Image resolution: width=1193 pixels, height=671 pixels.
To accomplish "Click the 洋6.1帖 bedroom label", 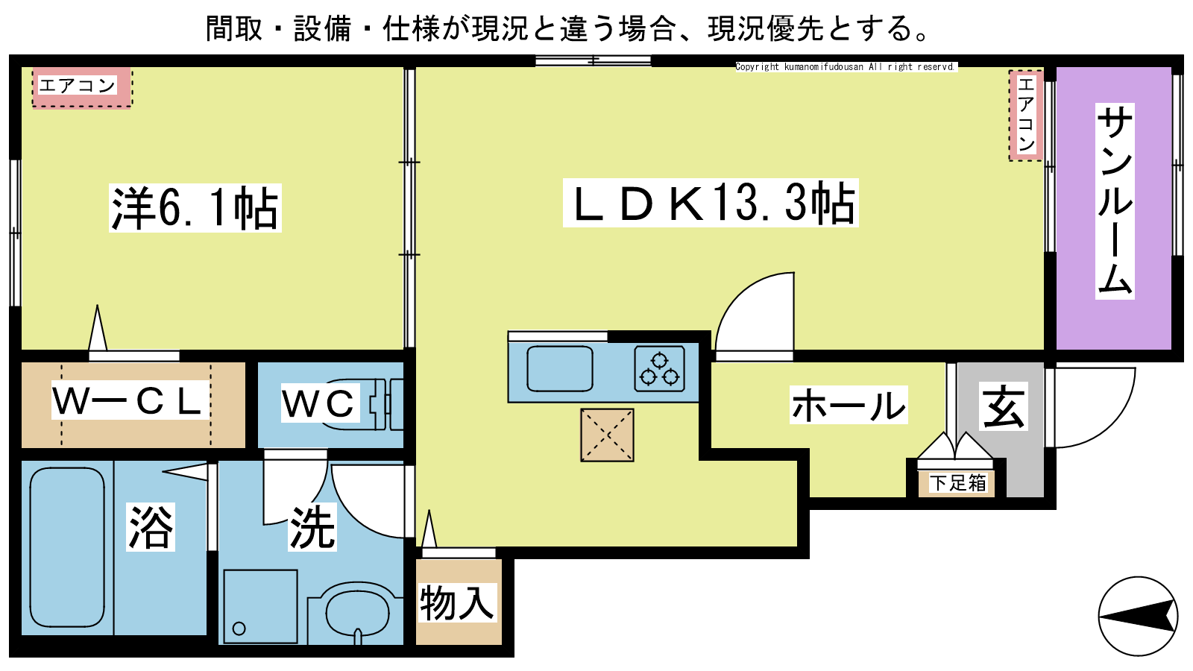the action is coord(195,208).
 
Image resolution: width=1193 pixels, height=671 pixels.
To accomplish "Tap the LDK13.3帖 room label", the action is coord(711,203).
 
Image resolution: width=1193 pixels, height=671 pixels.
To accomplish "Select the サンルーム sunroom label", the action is coord(1115,201).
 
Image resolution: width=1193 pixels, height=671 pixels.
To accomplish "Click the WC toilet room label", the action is coord(320,403).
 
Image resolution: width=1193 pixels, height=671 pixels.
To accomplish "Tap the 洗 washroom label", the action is coord(312,527).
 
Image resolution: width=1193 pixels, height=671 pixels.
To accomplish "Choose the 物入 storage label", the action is coord(457,603).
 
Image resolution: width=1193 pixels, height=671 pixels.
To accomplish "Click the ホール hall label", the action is coord(849,405).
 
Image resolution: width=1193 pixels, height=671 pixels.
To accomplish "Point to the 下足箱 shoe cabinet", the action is coord(957,483).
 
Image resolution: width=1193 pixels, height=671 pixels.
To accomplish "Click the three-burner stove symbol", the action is coord(659,369).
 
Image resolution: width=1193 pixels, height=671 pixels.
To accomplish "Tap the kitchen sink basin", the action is coord(560,369).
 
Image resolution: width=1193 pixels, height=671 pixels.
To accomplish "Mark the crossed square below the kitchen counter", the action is coord(607,435).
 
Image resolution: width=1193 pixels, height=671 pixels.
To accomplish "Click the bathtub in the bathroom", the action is coord(67,548).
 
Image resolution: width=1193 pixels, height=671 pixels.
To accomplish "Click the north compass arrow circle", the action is coord(1138,617).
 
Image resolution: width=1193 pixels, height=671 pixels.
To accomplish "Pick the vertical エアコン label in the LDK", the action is coord(1026,115).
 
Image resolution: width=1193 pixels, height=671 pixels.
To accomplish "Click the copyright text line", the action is coord(846,66).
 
